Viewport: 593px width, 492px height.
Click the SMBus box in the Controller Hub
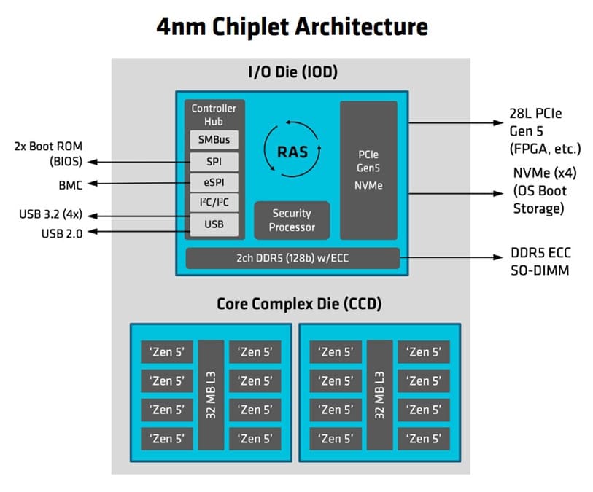point(214,139)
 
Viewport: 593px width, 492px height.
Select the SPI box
point(214,160)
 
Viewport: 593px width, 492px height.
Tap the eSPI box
point(214,182)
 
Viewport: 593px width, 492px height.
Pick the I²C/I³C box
point(214,203)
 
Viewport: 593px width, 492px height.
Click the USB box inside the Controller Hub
point(214,224)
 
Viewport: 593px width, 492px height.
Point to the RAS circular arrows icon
point(292,152)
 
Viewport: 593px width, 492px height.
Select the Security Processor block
point(292,220)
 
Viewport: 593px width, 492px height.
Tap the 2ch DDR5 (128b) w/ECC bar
point(292,259)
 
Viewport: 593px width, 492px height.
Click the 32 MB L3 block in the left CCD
point(211,394)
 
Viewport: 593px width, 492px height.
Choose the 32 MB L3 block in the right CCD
point(379,394)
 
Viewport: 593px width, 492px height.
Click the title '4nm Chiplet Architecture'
point(292,27)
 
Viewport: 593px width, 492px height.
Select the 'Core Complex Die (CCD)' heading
point(298,303)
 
